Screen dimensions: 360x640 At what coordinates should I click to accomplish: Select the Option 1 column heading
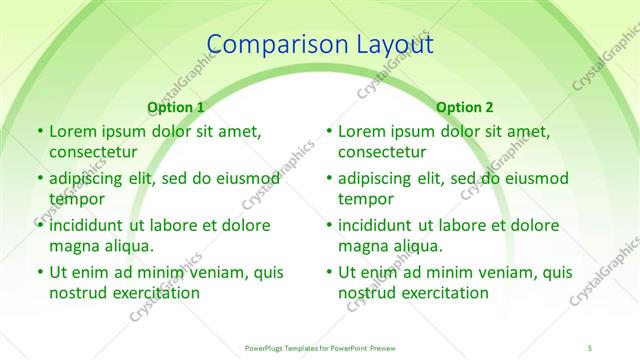point(176,107)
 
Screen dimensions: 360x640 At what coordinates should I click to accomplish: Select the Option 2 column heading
point(465,107)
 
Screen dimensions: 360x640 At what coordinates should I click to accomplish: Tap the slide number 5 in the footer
point(590,347)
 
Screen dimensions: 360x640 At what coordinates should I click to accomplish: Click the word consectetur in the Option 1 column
point(92,153)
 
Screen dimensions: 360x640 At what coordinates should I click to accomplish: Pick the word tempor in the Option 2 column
point(367,199)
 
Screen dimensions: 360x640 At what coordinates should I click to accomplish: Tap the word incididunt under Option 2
point(379,225)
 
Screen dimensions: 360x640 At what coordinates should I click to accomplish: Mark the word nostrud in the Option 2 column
point(367,293)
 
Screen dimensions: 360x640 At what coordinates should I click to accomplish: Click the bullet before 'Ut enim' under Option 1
point(38,272)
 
